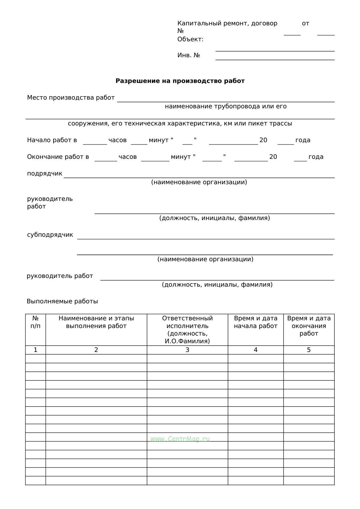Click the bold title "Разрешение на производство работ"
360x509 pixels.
180,81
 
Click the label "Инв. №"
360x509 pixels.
188,55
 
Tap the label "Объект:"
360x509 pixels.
190,39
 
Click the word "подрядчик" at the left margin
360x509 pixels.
45,174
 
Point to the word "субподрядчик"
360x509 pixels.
50,235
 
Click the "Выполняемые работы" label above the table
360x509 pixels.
62,301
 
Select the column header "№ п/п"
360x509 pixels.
35,322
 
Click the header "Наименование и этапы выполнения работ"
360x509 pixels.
96,322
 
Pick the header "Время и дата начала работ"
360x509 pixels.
256,322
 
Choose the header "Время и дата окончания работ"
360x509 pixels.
309,326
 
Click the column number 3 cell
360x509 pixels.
187,350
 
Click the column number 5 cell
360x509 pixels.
309,350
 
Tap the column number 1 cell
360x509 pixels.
35,350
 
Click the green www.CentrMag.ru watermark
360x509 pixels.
180,439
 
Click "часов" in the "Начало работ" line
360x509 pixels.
117,140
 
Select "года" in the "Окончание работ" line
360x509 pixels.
316,157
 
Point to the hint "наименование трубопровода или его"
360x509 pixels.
226,106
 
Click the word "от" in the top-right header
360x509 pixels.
305,23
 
